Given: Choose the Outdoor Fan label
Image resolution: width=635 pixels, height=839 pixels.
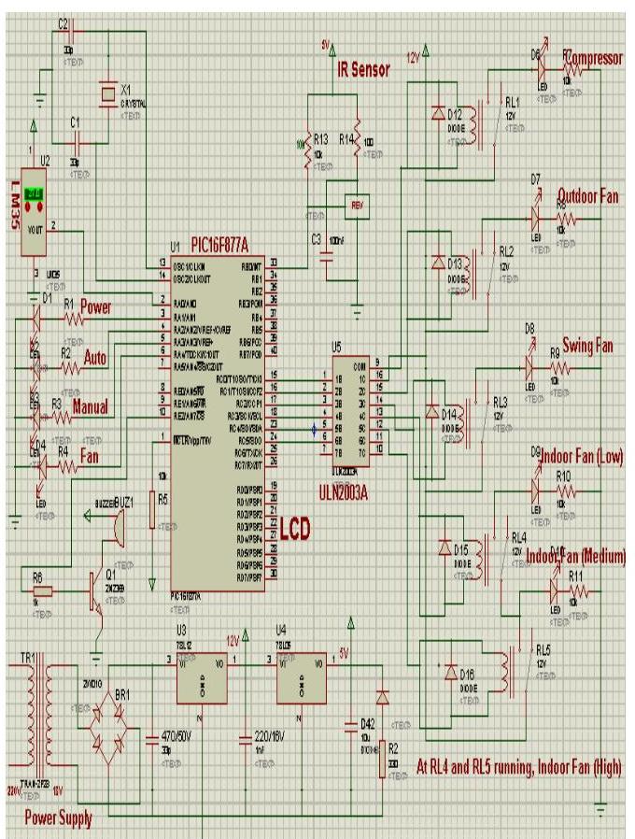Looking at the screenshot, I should click(x=588, y=196).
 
